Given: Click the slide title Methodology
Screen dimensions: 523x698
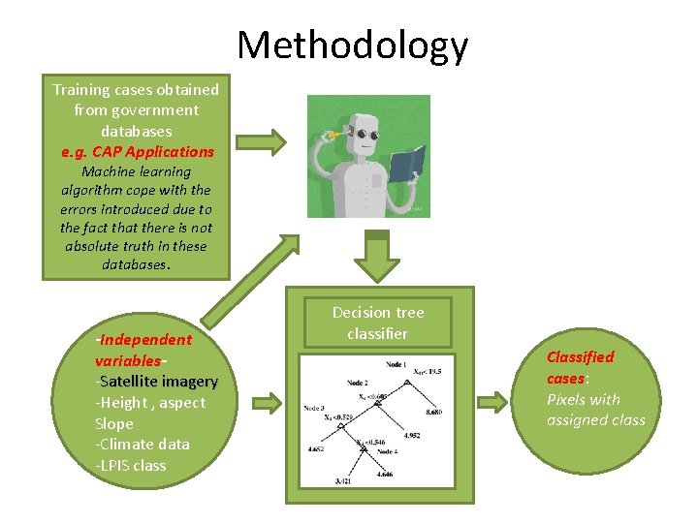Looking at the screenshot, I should tap(352, 46).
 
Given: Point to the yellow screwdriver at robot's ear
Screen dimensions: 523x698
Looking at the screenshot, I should tap(333, 133).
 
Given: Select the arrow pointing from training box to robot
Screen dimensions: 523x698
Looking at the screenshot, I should tap(262, 142).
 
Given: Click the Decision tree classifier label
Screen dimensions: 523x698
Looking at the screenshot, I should tap(378, 323).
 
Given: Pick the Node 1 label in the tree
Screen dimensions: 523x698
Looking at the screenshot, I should tap(395, 364).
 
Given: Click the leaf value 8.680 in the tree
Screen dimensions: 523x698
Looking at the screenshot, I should tap(434, 412).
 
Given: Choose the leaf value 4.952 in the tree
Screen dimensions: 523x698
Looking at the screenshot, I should tap(413, 436).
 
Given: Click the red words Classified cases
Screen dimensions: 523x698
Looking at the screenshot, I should tap(580, 367).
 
